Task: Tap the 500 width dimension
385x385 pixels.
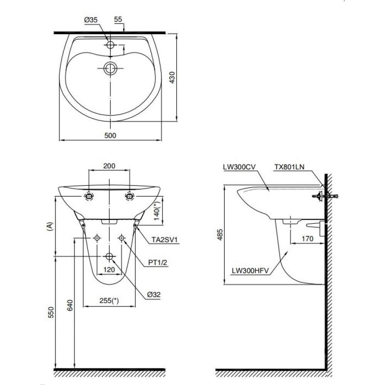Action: point(110,135)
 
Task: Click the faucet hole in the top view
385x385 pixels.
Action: point(111,45)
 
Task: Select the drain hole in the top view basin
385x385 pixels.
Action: point(110,68)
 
